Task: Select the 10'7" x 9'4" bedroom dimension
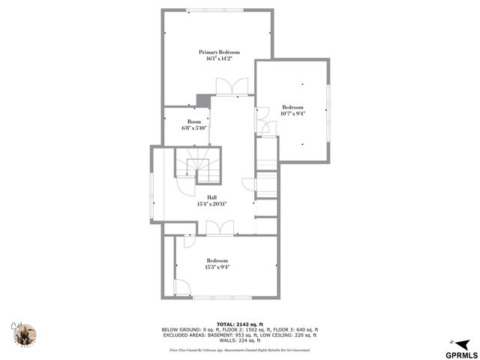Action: [292, 113]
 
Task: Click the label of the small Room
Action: [194, 121]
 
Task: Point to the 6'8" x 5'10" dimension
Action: [194, 128]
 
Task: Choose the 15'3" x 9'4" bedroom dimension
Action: [217, 266]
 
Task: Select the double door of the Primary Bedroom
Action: [229, 88]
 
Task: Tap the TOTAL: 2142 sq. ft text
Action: [239, 324]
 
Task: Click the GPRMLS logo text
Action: [460, 355]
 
